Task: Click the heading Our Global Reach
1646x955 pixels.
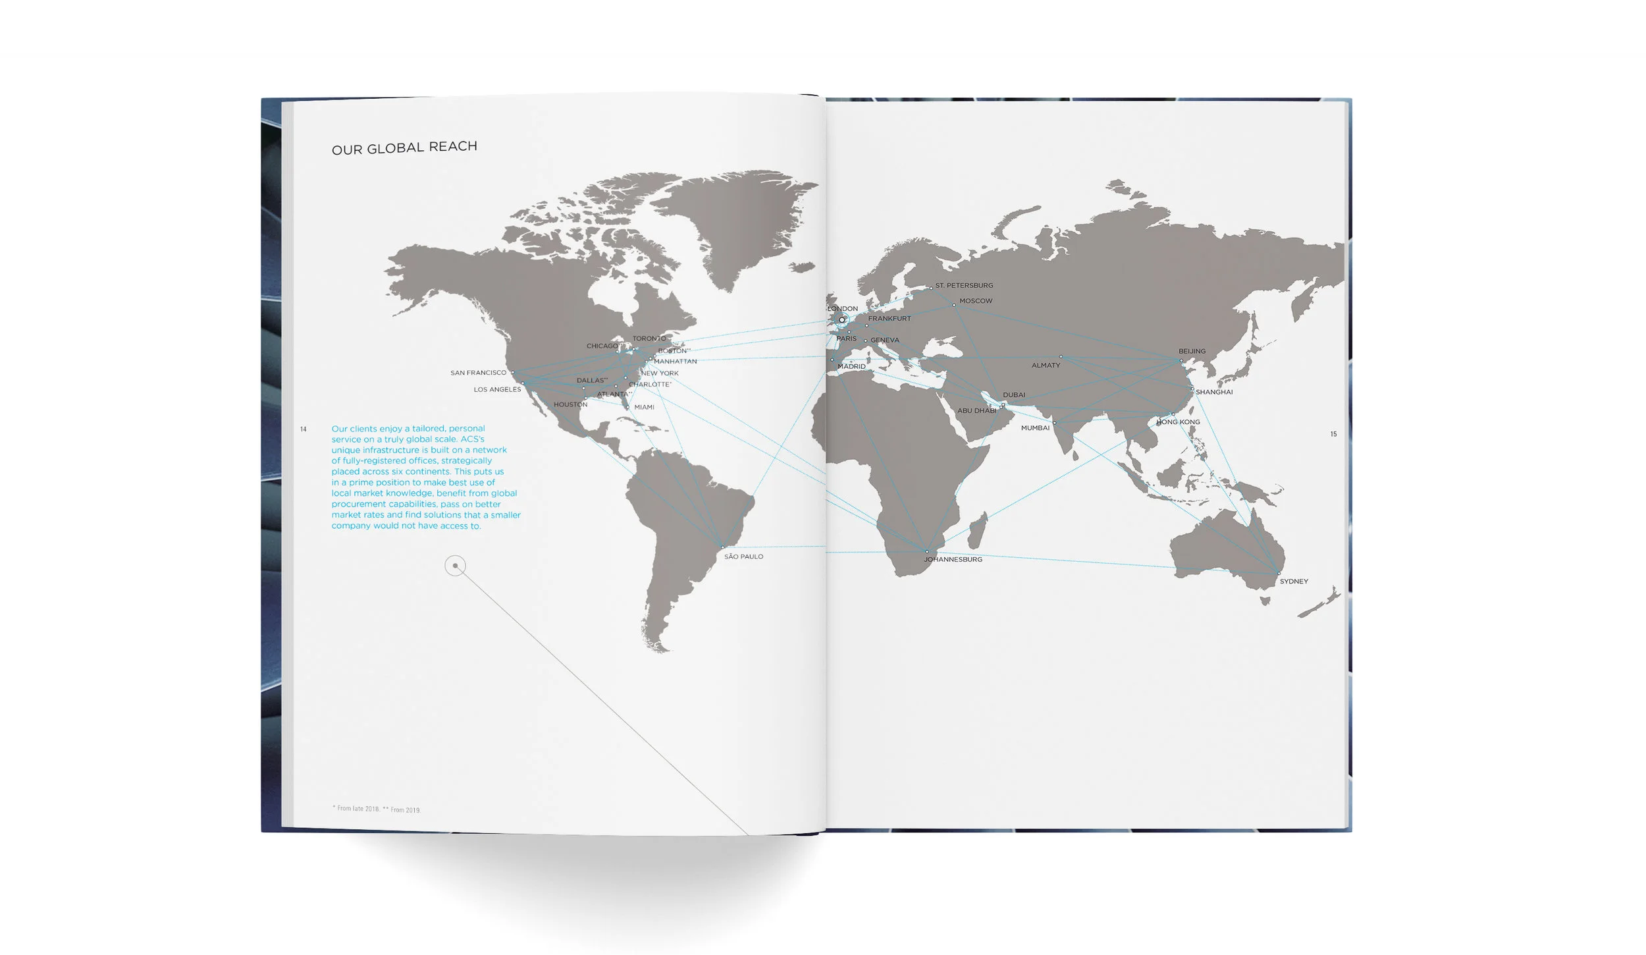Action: (x=404, y=148)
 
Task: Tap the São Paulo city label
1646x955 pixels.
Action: (x=743, y=557)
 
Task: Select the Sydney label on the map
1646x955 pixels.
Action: (x=1294, y=582)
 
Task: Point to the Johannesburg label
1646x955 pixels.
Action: (x=953, y=559)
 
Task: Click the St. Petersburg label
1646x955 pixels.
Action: (x=964, y=286)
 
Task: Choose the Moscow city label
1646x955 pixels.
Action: (x=976, y=301)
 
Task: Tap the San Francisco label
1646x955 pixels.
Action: (x=478, y=373)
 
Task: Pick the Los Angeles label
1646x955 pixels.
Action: (x=497, y=389)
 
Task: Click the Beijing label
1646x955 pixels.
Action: (x=1192, y=351)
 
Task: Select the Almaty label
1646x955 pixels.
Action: (x=1046, y=365)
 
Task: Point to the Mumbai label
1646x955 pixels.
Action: (x=1035, y=428)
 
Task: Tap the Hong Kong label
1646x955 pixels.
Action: (x=1178, y=422)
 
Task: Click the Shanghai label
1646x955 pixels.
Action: (x=1214, y=392)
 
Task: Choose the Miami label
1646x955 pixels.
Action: (x=644, y=407)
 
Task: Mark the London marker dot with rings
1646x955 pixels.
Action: (x=841, y=320)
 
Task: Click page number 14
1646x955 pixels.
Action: (x=304, y=429)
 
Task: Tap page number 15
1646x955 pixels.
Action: (x=1333, y=434)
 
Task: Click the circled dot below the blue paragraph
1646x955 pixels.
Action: (x=455, y=566)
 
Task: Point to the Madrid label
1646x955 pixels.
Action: (x=851, y=366)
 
